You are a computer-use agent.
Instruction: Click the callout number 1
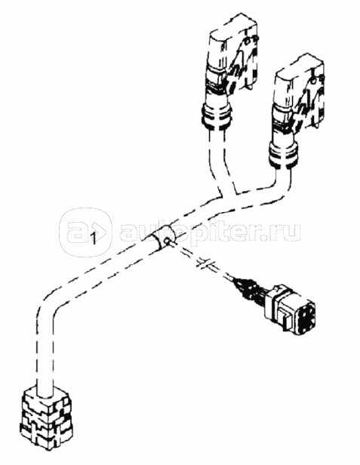coord(94,238)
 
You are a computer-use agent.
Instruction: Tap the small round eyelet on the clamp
coord(168,242)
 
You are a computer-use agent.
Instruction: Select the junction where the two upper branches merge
coord(229,195)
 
